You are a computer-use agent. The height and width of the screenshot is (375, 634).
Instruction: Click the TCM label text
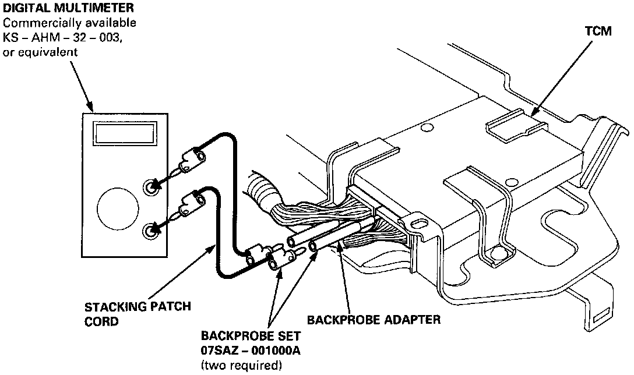598,31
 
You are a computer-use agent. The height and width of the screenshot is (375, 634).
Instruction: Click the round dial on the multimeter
118,208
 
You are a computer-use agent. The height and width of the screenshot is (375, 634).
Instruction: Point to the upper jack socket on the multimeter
152,186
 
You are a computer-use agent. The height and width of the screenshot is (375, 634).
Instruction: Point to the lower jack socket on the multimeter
152,231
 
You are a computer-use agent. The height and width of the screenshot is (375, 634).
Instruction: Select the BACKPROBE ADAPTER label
374,319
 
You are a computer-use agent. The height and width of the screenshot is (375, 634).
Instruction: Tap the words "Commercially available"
69,23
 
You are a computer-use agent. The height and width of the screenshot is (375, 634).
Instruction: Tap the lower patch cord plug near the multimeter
191,204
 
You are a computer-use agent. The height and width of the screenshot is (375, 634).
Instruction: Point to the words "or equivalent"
40,52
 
